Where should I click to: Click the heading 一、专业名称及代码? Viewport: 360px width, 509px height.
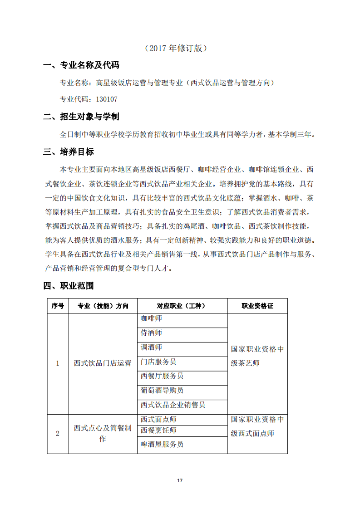pos(81,65)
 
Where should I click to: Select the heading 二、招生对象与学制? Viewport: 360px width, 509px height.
pos(81,117)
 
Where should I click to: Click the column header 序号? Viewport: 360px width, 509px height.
pos(58,306)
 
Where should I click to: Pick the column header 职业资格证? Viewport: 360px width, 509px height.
pos(257,306)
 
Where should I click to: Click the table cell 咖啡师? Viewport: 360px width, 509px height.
pos(151,318)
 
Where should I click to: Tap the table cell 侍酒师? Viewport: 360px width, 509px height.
pos(151,333)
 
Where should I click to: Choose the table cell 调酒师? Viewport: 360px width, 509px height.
pos(151,347)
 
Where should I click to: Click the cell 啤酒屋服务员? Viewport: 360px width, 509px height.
pos(162,445)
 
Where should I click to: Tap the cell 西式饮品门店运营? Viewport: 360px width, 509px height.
pos(103,363)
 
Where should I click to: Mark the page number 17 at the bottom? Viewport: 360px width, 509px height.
pos(180,480)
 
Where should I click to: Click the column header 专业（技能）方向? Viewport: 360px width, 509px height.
pos(103,306)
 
